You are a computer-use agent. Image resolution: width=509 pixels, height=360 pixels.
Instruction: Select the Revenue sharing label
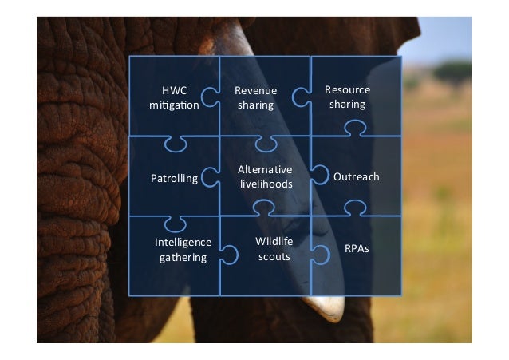click(255, 97)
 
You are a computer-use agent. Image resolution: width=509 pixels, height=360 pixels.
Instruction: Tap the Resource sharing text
click(347, 97)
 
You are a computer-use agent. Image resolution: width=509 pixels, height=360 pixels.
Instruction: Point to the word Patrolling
click(174, 178)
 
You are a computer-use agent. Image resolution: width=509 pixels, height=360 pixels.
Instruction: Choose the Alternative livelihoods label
click(266, 176)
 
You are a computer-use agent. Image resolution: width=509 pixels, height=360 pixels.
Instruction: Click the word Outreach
click(356, 176)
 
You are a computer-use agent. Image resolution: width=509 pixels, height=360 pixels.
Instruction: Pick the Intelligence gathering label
click(183, 249)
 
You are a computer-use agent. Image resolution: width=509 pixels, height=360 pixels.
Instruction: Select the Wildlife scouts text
click(274, 248)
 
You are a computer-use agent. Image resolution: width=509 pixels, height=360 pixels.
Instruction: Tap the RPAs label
click(356, 249)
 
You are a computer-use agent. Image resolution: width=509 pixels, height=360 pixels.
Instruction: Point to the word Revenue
click(255, 91)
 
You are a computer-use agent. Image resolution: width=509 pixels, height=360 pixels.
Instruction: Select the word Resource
click(347, 89)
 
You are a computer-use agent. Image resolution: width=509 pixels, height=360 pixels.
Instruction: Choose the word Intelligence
click(183, 242)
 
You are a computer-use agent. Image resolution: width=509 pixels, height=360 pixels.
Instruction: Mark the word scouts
click(274, 256)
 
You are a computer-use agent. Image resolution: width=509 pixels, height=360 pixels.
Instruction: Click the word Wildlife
click(274, 241)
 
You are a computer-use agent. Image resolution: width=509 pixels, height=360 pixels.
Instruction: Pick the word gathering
click(183, 257)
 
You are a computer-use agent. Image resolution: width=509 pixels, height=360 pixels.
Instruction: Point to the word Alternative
click(266, 169)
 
